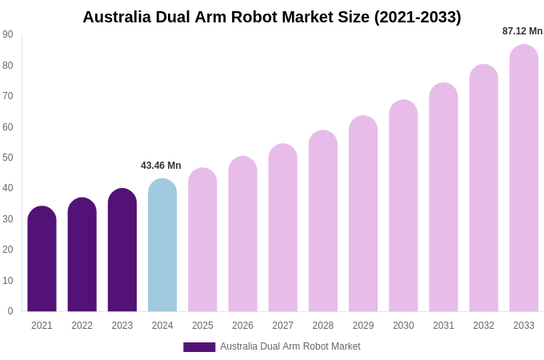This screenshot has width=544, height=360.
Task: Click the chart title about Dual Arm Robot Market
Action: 272,17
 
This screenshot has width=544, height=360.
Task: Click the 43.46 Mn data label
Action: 161,166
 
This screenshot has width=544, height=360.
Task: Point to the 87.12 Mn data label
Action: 522,31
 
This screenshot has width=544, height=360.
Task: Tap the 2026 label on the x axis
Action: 242,326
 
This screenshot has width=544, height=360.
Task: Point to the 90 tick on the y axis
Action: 8,34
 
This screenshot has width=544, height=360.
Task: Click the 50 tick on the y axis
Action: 8,158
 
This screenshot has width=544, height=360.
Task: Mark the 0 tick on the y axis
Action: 10,311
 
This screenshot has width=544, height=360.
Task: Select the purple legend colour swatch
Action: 199,347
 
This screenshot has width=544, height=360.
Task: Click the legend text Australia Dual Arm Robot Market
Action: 290,346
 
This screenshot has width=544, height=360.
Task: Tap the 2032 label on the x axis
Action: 483,326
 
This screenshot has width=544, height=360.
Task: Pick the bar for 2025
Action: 202,239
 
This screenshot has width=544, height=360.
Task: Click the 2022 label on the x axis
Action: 82,326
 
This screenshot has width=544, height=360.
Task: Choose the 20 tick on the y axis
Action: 8,250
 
